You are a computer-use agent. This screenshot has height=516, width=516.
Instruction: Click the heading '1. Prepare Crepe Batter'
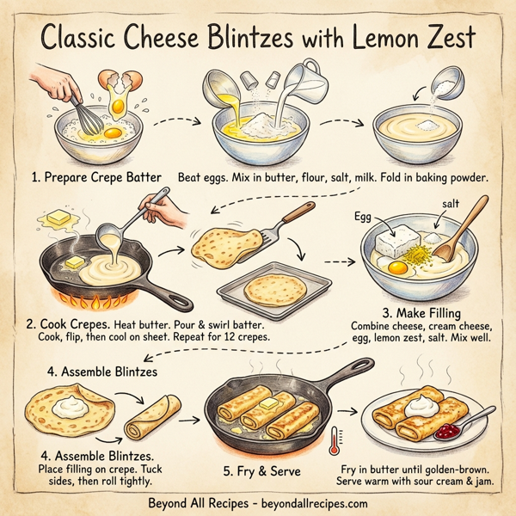point(87,177)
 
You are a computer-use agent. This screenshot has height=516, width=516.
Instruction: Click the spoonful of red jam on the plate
point(448,430)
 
